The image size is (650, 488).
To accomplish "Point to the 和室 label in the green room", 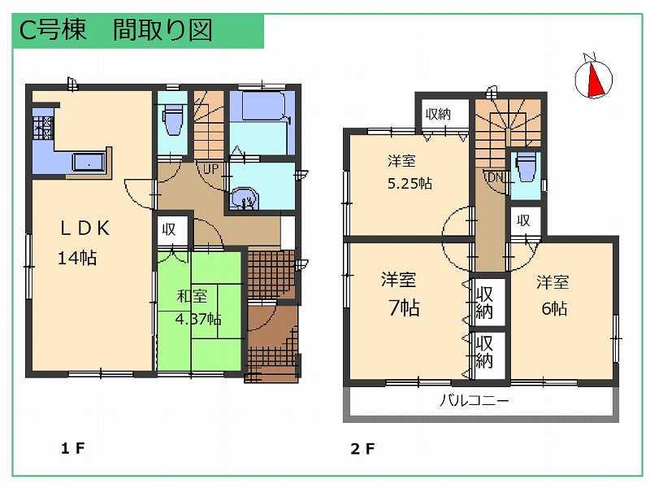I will (x=192, y=296).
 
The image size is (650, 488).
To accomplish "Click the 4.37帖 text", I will (x=199, y=319).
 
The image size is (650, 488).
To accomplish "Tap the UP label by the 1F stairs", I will (x=210, y=170).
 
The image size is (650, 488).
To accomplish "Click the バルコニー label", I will (x=475, y=401).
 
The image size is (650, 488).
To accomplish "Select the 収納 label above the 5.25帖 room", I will (x=438, y=115).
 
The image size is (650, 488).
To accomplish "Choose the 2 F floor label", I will (x=362, y=448).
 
